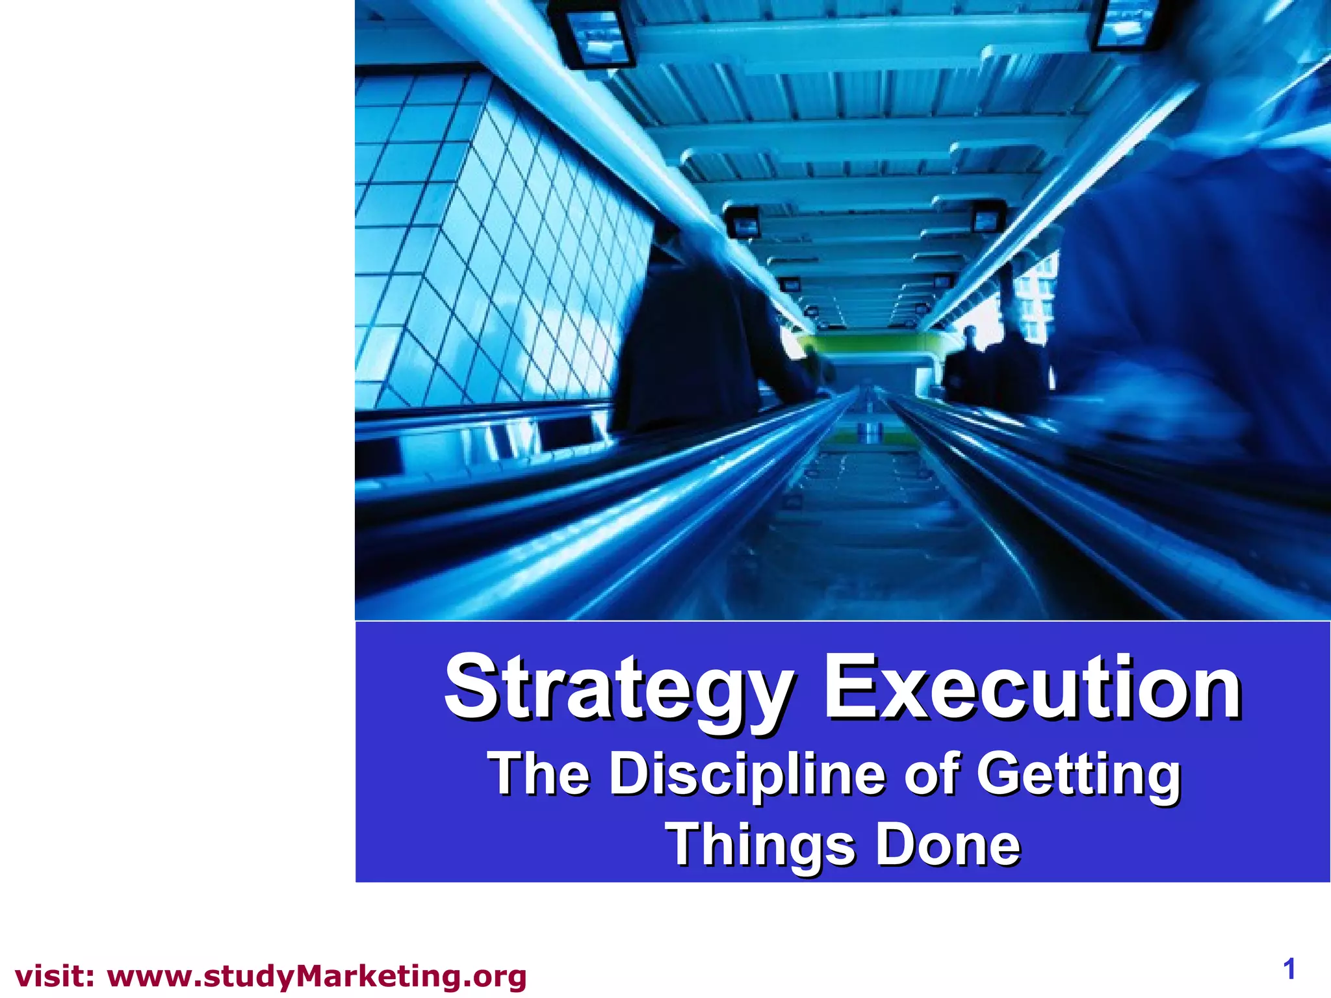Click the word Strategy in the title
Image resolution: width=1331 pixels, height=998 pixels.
(617, 690)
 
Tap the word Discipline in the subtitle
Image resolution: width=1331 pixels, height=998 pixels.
(748, 774)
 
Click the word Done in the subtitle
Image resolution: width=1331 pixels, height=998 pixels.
(948, 845)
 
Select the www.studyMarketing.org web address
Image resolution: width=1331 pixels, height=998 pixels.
(317, 977)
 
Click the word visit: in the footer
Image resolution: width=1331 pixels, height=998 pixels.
(55, 977)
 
